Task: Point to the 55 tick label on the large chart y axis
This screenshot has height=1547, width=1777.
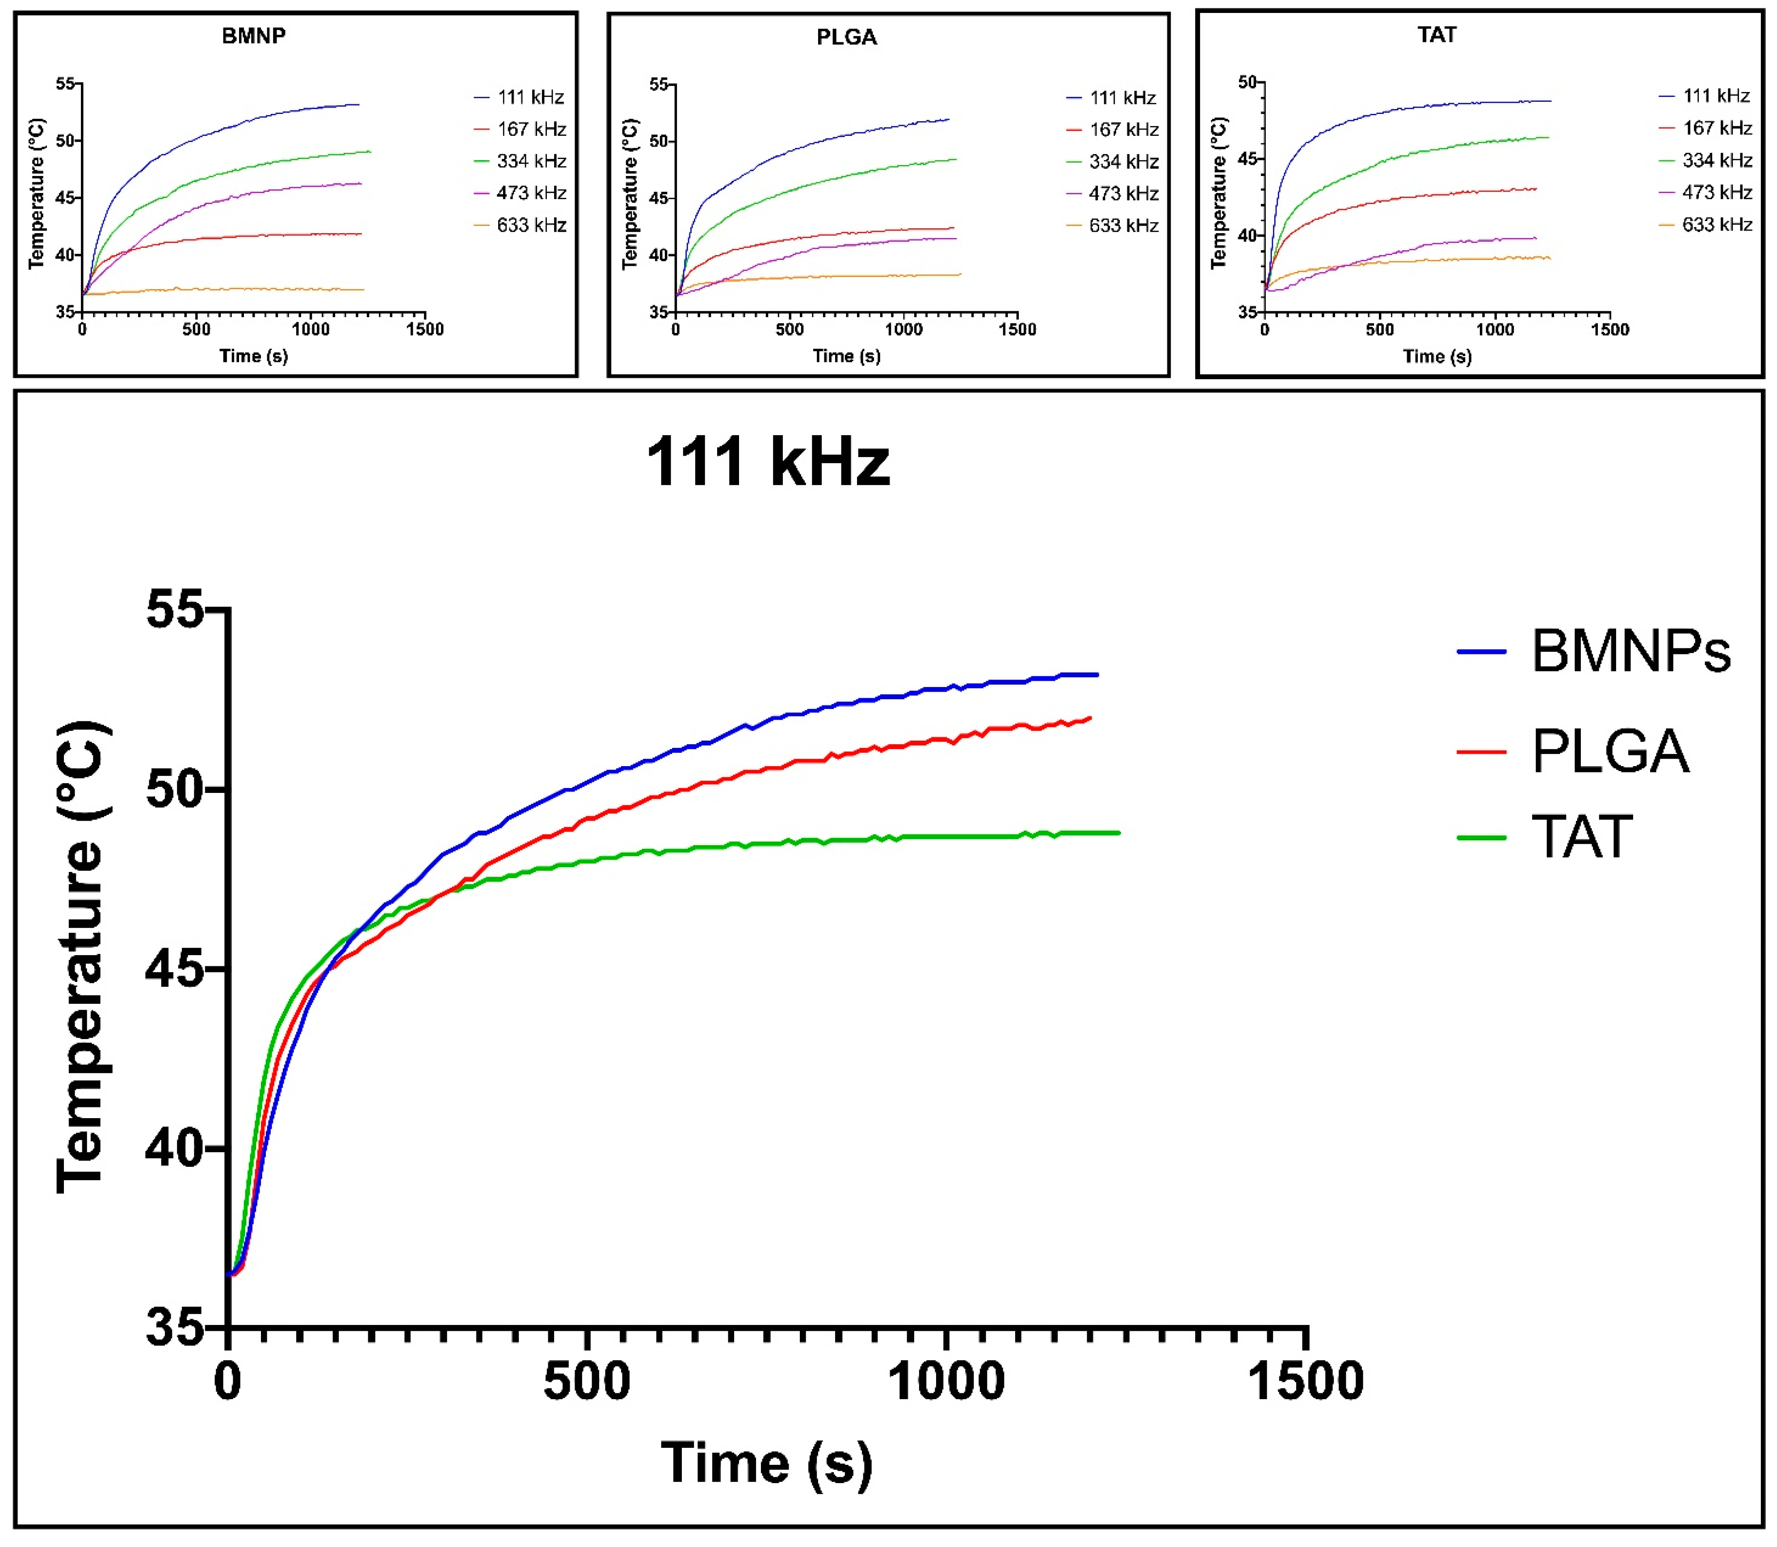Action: [x=175, y=609]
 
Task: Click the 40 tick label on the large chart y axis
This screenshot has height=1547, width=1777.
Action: [x=175, y=1148]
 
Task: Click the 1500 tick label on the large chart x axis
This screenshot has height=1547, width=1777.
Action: [x=1306, y=1381]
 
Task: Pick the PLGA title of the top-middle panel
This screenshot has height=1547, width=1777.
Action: [x=846, y=37]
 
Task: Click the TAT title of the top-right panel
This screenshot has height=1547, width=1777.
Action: [x=1437, y=34]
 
